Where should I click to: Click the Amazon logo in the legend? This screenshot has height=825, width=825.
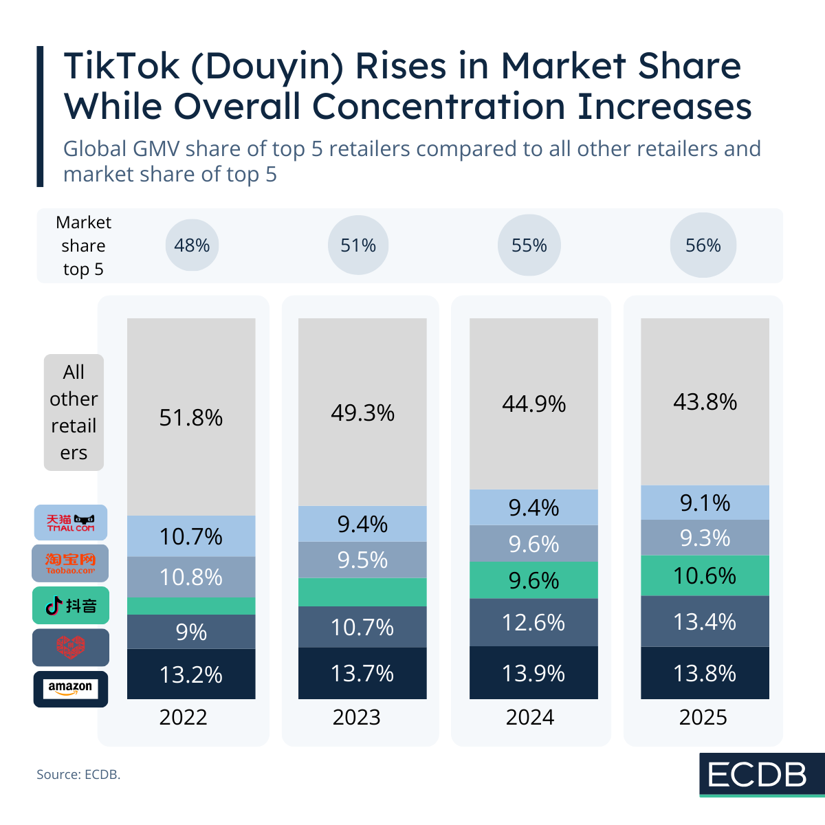tap(71, 688)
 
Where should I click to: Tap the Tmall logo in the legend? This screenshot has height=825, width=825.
tap(71, 522)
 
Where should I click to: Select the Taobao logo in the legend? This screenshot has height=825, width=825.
tap(71, 564)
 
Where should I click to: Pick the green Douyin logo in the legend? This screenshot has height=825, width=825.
tap(71, 606)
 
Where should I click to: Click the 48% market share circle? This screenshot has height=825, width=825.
tap(192, 245)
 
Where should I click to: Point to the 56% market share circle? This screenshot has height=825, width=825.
tap(703, 245)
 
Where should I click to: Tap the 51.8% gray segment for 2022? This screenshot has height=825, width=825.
tap(191, 417)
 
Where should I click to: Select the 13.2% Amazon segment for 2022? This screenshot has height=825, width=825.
tap(191, 674)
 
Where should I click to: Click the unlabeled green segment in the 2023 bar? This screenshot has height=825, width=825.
tap(362, 592)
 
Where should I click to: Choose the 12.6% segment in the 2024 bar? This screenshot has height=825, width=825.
tap(533, 622)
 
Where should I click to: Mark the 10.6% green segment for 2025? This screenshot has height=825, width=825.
tap(705, 575)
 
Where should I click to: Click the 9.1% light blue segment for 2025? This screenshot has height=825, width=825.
tap(705, 503)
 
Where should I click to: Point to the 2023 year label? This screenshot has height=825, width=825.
tap(356, 717)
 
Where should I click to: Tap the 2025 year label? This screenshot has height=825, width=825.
tap(703, 717)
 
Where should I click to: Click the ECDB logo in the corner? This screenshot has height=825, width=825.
tap(758, 775)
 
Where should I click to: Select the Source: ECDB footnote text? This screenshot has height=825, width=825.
tap(78, 774)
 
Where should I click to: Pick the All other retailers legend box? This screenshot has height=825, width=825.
tap(74, 412)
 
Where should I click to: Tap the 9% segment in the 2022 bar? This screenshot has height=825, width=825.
tap(191, 632)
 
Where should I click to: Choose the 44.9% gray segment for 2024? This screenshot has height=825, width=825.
tap(533, 404)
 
